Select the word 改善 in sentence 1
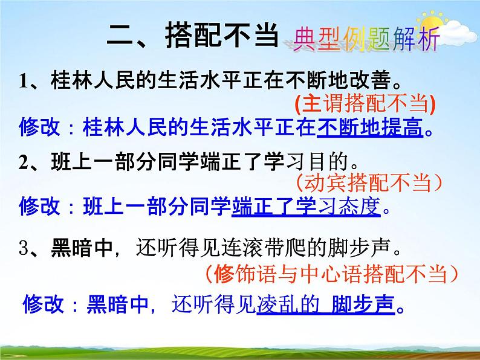point(365,80)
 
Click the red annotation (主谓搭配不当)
point(365,104)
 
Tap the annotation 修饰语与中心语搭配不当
point(331,275)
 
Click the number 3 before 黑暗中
point(23,248)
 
